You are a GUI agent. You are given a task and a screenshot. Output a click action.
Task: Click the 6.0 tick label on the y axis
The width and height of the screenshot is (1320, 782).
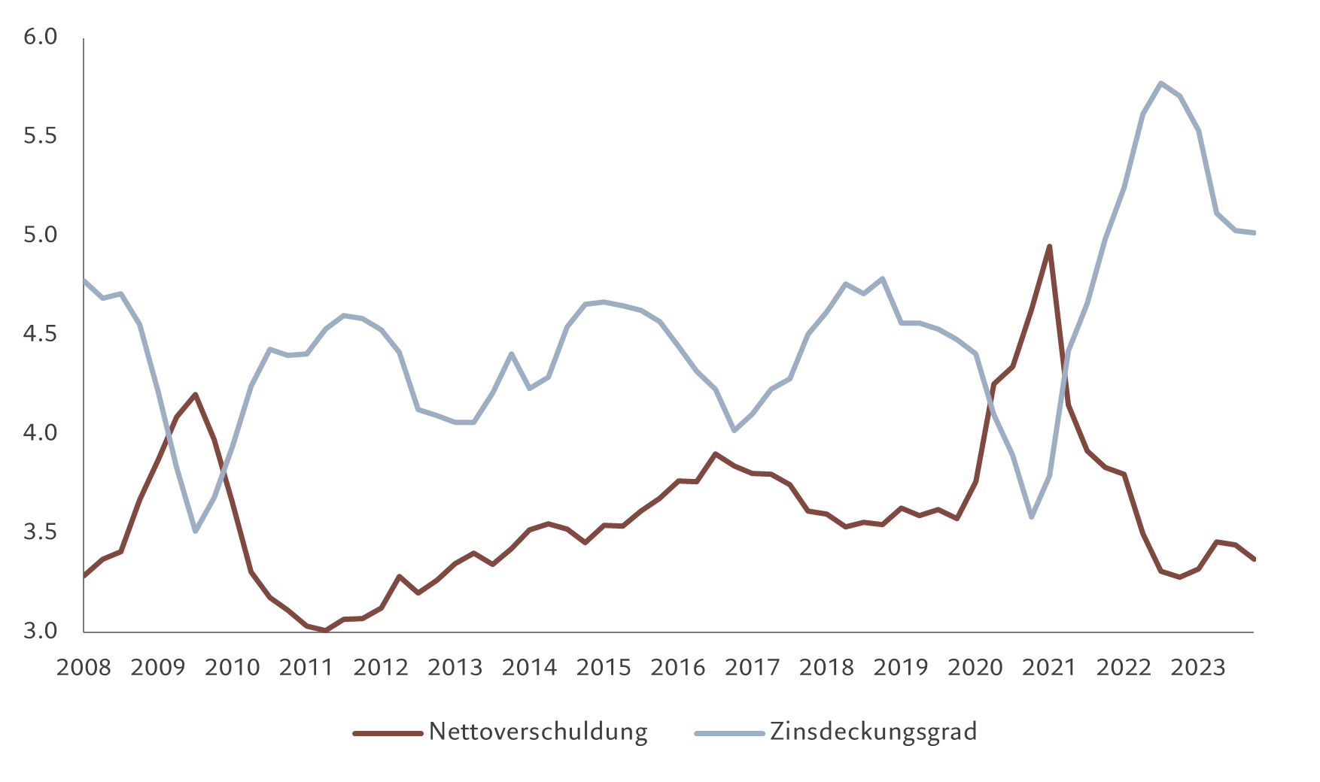point(41,37)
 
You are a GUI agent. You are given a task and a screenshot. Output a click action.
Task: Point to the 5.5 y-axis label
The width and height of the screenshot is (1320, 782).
point(41,136)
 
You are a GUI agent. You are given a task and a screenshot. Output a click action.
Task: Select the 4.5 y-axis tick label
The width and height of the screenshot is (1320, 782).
point(41,334)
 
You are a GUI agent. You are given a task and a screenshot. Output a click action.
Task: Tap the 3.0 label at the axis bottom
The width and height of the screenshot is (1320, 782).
point(41,631)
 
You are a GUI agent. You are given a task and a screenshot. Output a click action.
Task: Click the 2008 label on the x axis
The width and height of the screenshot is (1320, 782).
point(84,668)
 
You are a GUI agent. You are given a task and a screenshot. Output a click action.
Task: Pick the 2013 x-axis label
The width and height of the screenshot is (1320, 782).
point(455,668)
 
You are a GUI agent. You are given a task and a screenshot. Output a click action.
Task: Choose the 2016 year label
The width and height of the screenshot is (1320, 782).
point(677,668)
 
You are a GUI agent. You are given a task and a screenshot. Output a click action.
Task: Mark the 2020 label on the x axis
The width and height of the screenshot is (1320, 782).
point(975,668)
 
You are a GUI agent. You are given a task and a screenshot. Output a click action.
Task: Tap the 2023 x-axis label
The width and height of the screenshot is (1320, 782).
point(1198,668)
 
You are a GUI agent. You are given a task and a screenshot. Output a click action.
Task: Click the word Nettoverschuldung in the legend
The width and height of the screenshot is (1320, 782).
point(538,732)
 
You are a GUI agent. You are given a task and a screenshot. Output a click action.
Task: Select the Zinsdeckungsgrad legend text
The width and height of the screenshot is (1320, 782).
point(873,732)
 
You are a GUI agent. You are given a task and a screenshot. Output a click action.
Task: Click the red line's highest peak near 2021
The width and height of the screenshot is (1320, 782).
point(1049,246)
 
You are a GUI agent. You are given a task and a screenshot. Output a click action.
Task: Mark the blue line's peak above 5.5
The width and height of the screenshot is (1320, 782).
point(1161,83)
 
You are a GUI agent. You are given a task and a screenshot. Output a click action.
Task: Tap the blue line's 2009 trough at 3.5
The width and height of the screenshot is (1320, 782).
point(196,532)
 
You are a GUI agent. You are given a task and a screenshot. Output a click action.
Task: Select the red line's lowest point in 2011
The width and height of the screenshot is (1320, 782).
point(325,630)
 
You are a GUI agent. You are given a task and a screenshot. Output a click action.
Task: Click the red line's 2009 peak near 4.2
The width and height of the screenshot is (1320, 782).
point(196,394)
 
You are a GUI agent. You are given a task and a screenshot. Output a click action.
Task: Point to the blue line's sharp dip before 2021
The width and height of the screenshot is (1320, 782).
point(1031,517)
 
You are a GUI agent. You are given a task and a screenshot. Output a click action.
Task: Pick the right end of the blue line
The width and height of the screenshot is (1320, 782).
point(1254,233)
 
